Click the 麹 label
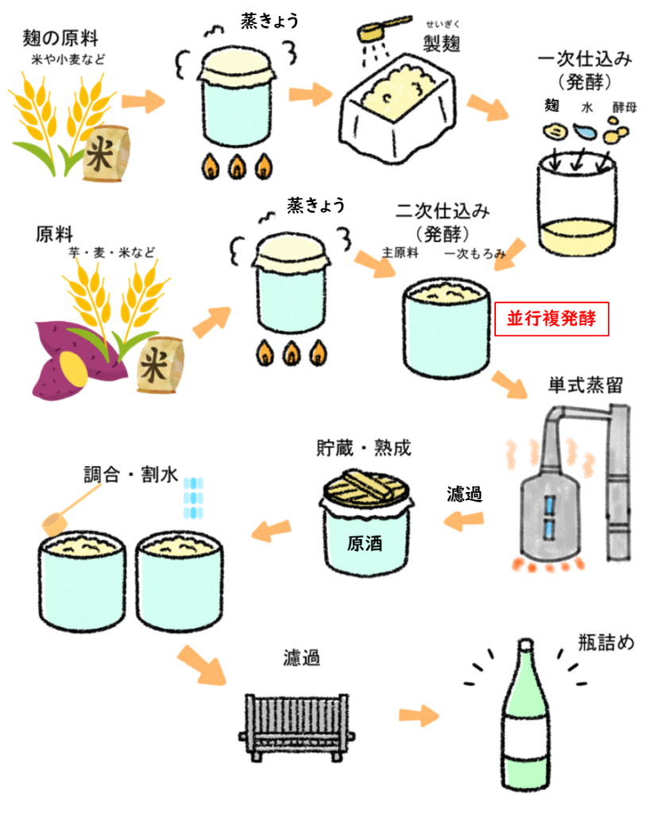551,107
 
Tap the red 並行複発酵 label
551,320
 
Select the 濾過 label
465,494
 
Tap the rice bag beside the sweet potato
160,365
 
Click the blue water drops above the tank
193,498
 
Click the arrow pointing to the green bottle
419,715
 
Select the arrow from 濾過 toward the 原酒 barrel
463,521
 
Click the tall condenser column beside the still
618,485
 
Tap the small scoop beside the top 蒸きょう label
381,29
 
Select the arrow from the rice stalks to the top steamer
143,101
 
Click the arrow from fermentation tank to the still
508,383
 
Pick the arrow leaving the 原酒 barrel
271,529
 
